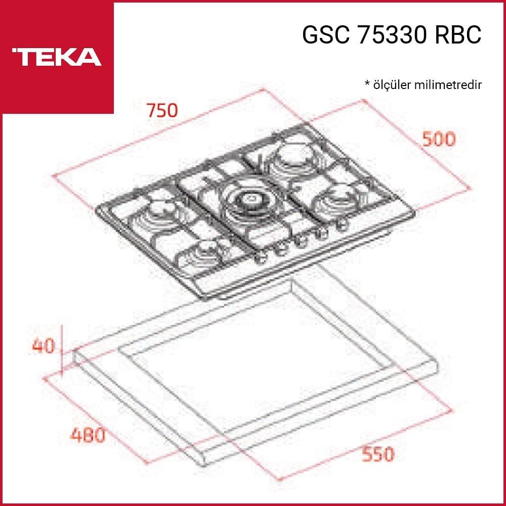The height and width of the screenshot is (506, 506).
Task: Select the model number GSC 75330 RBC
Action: point(392,35)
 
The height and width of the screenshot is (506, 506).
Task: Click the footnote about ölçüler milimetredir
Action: point(423,85)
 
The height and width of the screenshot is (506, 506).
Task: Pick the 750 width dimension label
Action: point(162,110)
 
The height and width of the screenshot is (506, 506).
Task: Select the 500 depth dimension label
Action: point(439,139)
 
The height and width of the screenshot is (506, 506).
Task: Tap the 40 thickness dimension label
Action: point(44,346)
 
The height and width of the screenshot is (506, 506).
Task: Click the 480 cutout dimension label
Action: point(88,435)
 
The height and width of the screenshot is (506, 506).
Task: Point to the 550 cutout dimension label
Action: point(378,454)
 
